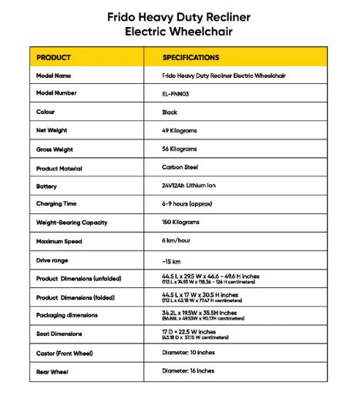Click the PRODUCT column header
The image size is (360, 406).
coord(53,58)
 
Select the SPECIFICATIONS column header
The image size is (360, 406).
coord(190,58)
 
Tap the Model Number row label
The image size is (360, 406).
coord(56,93)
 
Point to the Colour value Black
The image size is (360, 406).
coord(170,112)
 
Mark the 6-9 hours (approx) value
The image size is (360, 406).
coord(190,204)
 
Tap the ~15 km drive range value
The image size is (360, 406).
coord(171,260)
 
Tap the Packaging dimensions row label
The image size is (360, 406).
coord(66,315)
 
